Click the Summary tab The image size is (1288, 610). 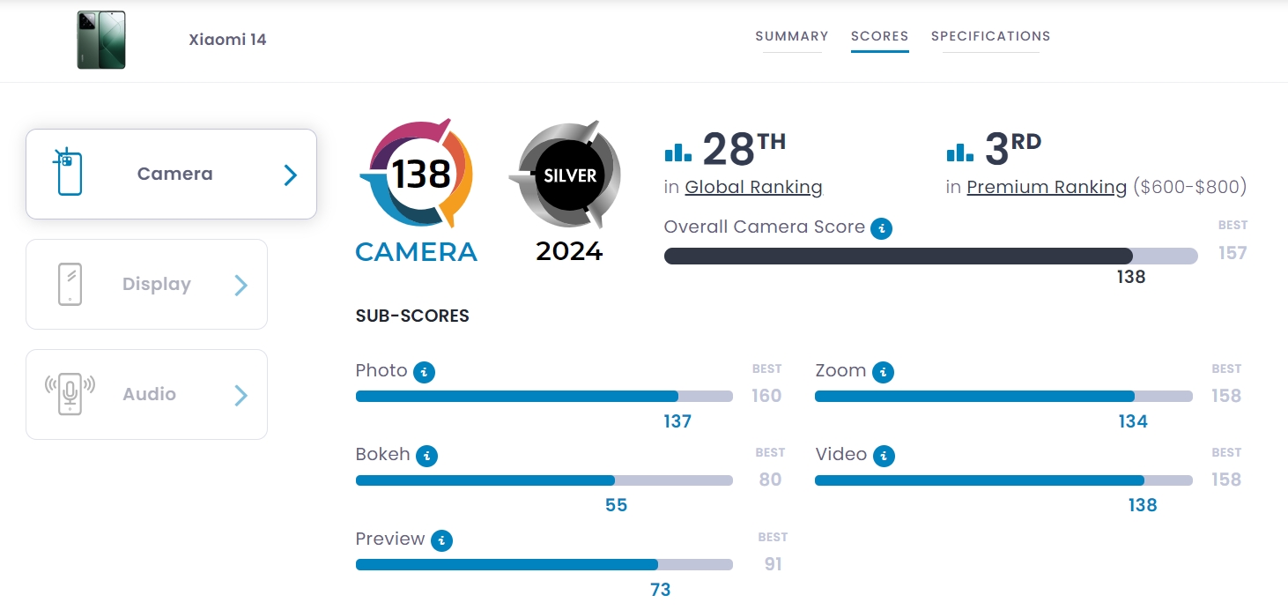click(x=791, y=36)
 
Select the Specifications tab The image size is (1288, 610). click(x=990, y=36)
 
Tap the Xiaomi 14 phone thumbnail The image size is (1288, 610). click(x=101, y=40)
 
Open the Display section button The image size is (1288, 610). click(x=146, y=285)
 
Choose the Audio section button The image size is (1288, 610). click(x=146, y=394)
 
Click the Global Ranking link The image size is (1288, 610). click(x=753, y=187)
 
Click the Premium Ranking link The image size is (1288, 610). click(x=1047, y=187)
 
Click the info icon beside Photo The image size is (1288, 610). click(x=425, y=372)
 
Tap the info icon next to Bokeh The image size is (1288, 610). click(x=426, y=456)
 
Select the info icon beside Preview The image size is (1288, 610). click(x=441, y=540)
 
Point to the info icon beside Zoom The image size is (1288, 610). click(x=883, y=372)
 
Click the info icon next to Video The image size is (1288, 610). click(x=884, y=456)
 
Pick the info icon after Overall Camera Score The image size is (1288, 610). click(x=881, y=229)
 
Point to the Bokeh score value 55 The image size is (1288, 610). click(x=616, y=505)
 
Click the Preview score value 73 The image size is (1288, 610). click(x=660, y=590)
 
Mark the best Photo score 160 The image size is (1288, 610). click(x=766, y=396)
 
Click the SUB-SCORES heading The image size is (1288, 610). click(x=412, y=316)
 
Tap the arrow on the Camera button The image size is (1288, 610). click(x=290, y=175)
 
